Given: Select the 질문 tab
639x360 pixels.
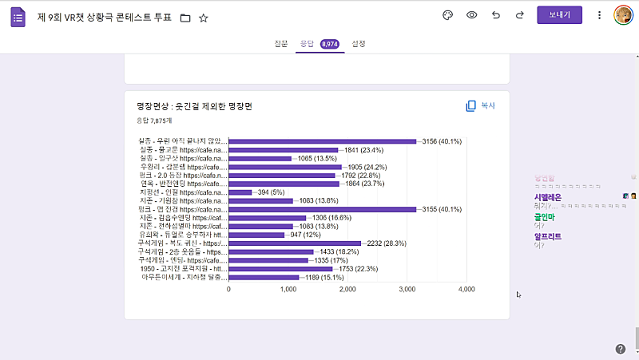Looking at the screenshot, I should (x=280, y=44).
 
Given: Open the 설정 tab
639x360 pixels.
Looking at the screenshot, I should (x=359, y=44).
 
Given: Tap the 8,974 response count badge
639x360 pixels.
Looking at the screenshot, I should (x=329, y=44).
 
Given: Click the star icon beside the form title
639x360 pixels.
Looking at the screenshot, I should (x=203, y=18).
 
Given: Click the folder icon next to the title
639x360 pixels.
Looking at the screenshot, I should (x=185, y=18).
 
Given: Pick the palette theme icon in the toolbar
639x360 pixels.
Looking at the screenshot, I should (x=447, y=15).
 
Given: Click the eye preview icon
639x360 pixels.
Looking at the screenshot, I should (x=472, y=15).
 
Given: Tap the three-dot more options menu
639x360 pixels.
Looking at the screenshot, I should (x=599, y=15).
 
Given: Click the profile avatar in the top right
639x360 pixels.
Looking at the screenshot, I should (x=623, y=15).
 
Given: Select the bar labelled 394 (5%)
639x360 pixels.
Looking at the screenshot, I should (x=240, y=192).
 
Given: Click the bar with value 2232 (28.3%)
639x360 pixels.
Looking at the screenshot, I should (x=295, y=243).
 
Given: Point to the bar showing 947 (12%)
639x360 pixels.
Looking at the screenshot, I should (x=256, y=235).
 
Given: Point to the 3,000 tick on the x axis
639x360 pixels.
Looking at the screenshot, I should (x=407, y=289).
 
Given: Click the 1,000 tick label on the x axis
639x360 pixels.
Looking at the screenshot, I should (x=288, y=289).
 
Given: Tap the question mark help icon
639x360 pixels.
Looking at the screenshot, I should (x=621, y=349).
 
